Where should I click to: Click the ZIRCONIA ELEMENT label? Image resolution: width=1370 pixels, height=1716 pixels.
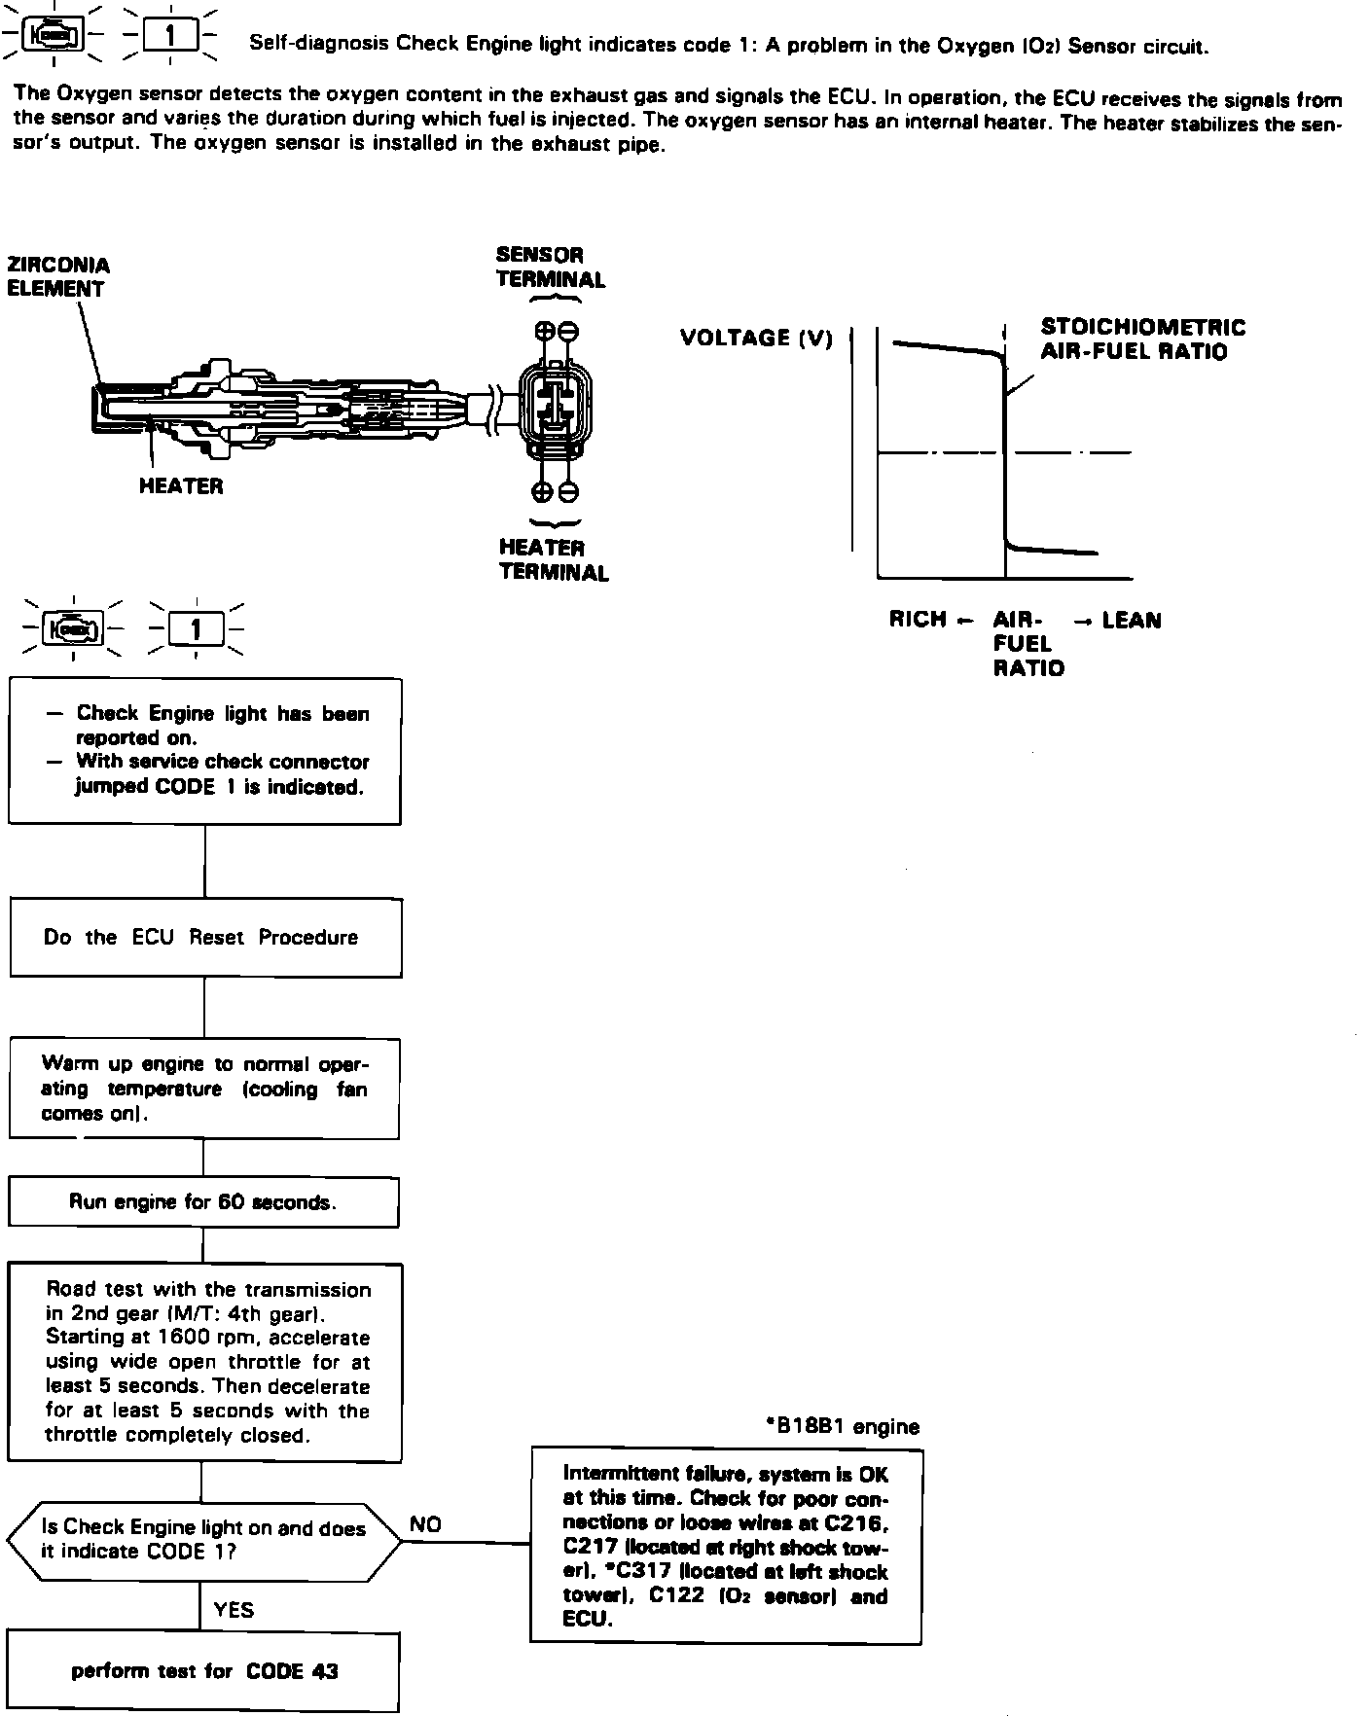pyautogui.click(x=57, y=277)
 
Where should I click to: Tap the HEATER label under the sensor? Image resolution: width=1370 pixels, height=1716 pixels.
pyautogui.click(x=181, y=486)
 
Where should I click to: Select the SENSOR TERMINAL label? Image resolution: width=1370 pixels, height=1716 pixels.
pyautogui.click(x=550, y=268)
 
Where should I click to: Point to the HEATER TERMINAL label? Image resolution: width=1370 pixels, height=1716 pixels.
pyautogui.click(x=554, y=560)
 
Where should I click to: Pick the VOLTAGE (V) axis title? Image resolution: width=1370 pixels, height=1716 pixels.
pyautogui.click(x=756, y=339)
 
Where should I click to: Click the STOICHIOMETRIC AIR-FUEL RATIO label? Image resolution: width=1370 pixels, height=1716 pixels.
pyautogui.click(x=1142, y=340)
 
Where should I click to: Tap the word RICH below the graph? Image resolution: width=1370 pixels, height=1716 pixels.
pyautogui.click(x=918, y=620)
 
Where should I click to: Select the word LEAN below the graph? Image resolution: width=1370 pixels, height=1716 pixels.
pyautogui.click(x=1132, y=621)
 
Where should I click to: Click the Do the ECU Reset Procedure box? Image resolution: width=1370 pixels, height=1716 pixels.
pyautogui.click(x=205, y=938)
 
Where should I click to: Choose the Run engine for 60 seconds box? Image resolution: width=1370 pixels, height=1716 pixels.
pyautogui.click(x=203, y=1202)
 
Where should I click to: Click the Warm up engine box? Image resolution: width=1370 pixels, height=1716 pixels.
pyautogui.click(x=204, y=1089)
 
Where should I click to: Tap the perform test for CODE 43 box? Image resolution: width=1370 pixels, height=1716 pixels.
pyautogui.click(x=204, y=1671)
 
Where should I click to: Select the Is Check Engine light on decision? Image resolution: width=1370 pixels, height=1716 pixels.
pyautogui.click(x=203, y=1540)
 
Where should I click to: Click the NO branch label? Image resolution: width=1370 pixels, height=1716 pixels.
pyautogui.click(x=425, y=1524)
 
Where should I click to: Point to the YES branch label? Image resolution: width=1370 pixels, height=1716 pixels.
pyautogui.click(x=234, y=1610)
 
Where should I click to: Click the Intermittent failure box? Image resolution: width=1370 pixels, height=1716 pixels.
pyautogui.click(x=726, y=1546)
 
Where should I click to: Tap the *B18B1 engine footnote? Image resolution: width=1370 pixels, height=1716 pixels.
pyautogui.click(x=843, y=1426)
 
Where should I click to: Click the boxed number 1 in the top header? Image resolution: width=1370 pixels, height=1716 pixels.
pyautogui.click(x=170, y=37)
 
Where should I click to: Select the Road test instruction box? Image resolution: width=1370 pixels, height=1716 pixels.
pyautogui.click(x=204, y=1362)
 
